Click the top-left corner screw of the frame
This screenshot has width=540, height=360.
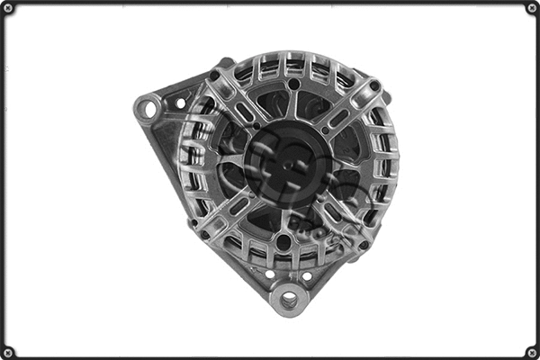[x=8, y=8]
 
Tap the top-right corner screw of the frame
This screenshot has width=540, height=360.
[x=532, y=8]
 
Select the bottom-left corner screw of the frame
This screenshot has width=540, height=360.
[x=8, y=352]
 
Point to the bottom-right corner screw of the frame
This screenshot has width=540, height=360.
[x=532, y=352]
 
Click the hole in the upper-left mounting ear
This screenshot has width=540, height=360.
[x=149, y=110]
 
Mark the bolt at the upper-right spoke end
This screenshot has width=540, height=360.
[x=374, y=87]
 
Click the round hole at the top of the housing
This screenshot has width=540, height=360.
[x=294, y=84]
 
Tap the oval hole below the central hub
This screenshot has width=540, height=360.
[x=283, y=241]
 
